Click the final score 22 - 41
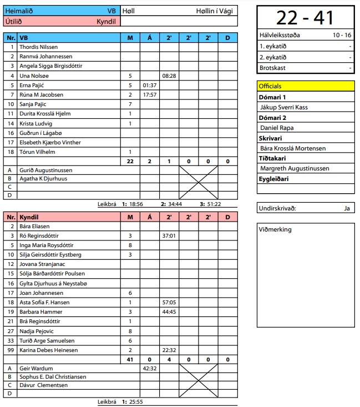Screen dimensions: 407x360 pos(305,18)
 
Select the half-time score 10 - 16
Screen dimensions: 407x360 pos(342,35)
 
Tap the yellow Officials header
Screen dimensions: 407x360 pos(305,86)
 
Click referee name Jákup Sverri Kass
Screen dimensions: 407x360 pos(283,107)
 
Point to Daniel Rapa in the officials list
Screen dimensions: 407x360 pos(277,128)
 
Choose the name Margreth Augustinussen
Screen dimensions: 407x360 pos(295,168)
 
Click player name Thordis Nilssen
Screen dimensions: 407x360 pos(39,47)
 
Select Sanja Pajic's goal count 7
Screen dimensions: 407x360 pos(130,104)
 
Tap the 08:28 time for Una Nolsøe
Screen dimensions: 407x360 pos(169,76)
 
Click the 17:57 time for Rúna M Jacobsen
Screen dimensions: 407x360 pos(150,95)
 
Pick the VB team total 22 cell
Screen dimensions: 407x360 pos(130,162)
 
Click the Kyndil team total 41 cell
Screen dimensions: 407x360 pos(130,360)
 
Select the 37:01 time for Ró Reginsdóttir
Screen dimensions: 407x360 pos(169,236)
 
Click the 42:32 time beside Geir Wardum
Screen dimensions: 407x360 pos(150,368)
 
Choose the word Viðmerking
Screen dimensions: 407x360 pos(275,229)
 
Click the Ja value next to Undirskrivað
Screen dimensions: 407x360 pos(347,208)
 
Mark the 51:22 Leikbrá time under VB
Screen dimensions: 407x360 pos(214,204)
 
